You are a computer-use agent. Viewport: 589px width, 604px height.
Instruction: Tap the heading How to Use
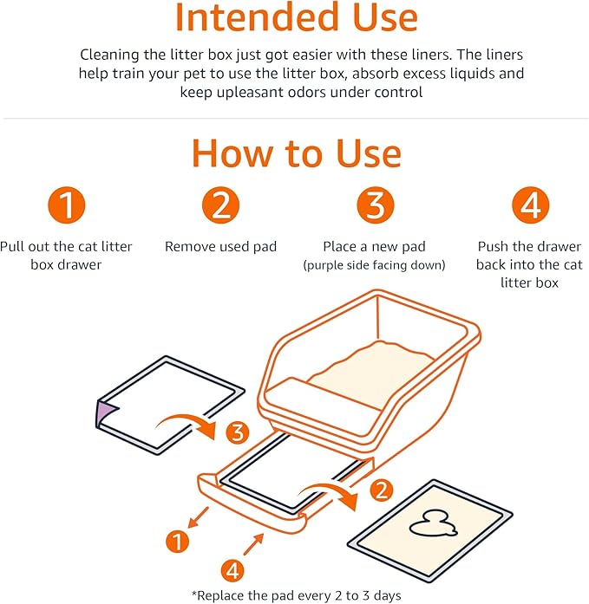coord(296,153)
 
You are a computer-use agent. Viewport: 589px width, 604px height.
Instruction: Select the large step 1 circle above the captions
coord(66,206)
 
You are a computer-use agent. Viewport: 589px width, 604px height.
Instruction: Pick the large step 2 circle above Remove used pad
coord(220,206)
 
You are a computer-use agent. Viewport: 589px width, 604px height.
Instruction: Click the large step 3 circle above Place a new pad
coord(374,206)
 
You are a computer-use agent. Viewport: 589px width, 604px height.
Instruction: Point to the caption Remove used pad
coord(220,247)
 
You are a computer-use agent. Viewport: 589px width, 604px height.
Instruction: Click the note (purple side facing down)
coord(374,265)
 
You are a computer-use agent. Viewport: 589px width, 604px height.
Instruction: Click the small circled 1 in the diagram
coord(178,542)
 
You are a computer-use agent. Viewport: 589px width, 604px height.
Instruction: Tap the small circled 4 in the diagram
coord(232,569)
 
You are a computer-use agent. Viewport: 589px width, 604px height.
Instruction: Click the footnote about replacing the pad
coord(294,594)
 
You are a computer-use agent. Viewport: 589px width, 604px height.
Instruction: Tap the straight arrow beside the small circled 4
coord(254,543)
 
